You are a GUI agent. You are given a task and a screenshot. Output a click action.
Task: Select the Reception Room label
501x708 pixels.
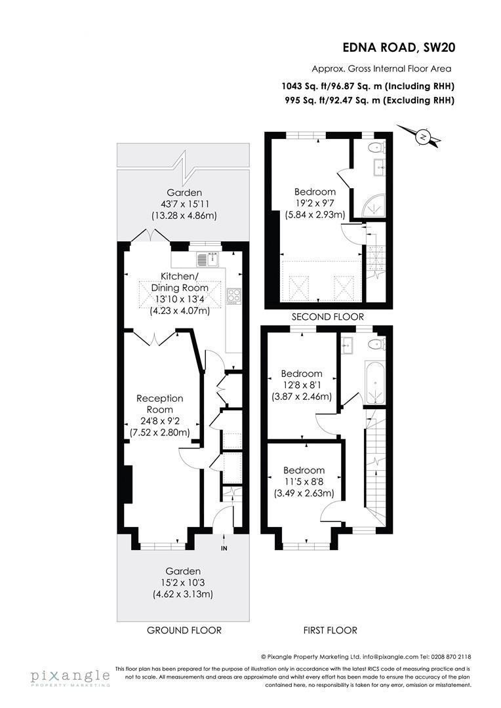pos(159,404)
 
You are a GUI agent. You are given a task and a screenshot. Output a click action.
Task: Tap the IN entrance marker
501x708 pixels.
pos(224,548)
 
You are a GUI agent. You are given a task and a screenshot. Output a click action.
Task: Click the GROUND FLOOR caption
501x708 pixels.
pos(184,631)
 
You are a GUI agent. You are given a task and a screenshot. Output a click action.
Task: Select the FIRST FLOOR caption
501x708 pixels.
pos(330,631)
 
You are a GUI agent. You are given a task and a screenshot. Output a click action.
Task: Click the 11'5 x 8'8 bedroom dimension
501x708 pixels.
pos(303,482)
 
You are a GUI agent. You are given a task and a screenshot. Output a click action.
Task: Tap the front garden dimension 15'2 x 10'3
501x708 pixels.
pos(183,583)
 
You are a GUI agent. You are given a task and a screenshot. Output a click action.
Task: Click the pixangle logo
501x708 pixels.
pos(69,677)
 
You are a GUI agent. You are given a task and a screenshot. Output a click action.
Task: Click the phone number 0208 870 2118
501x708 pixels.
pos(451,656)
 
